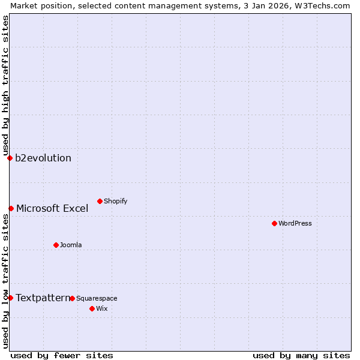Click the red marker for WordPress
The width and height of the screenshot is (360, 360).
pos(274,223)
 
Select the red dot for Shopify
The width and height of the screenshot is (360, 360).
pos(100,201)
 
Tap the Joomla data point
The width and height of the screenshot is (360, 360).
pos(56,245)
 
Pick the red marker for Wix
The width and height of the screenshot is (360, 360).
pos(92,308)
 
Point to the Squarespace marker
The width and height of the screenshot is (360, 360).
pos(72,298)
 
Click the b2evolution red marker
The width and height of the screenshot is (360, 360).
pos(10,158)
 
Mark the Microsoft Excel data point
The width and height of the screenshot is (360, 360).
pos(11,208)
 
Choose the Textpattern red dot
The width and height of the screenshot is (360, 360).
pos(10,298)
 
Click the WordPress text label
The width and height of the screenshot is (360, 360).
pos(295,223)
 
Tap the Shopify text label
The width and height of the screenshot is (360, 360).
pos(116,201)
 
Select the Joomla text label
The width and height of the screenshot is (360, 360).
pos(71,245)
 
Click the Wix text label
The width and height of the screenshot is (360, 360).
pos(101,308)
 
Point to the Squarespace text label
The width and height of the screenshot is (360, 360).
pos(97,298)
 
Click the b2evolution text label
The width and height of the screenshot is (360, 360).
pos(43,158)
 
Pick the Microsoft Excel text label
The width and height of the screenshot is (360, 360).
pos(52,209)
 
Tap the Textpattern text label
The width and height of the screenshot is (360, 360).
pos(43,298)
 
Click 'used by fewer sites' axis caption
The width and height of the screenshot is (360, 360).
pos(62,355)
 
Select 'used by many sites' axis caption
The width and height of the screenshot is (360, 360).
pos(301,355)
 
